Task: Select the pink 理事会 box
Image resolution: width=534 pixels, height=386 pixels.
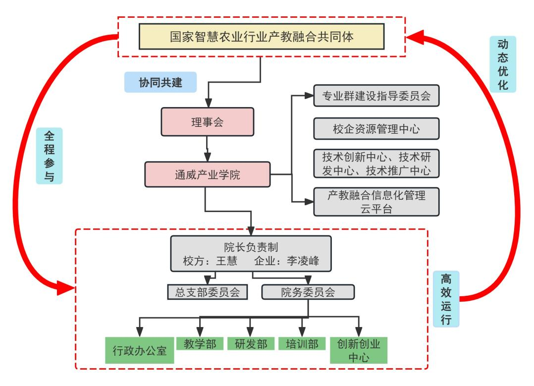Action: tap(207, 121)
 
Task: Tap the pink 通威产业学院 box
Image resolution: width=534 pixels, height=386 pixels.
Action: tap(207, 174)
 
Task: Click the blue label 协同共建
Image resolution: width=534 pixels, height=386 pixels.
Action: tap(160, 83)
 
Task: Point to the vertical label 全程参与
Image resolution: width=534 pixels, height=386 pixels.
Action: tap(49, 156)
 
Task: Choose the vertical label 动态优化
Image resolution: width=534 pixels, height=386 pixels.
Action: tap(502, 64)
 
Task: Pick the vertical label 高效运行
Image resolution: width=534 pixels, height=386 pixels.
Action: tap(446, 298)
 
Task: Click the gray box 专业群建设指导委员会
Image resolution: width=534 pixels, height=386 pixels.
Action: tap(376, 96)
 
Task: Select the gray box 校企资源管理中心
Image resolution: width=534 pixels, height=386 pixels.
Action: tap(376, 129)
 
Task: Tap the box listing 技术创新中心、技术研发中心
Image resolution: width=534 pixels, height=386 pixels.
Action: tap(376, 164)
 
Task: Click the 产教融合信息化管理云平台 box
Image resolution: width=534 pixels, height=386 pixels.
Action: tap(376, 202)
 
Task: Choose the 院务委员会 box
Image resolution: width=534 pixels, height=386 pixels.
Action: tap(308, 292)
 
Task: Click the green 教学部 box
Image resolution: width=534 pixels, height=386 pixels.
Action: tap(200, 344)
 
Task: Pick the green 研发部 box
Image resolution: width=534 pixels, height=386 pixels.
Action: tap(251, 344)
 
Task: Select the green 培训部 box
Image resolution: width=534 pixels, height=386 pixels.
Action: tap(302, 344)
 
